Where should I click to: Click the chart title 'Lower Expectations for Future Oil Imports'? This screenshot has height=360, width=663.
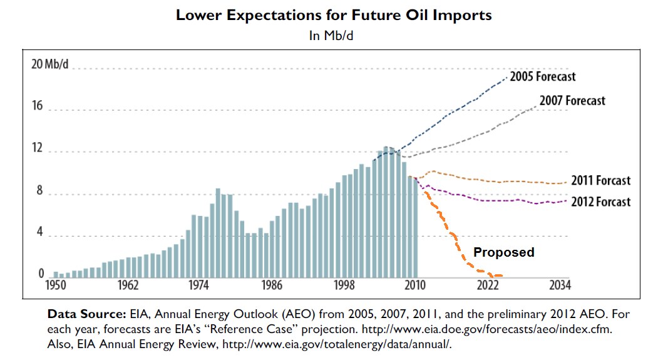(333, 15)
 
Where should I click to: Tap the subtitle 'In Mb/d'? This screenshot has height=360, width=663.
(332, 36)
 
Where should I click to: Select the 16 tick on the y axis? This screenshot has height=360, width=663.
(38, 106)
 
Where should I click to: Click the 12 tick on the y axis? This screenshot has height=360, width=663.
(38, 148)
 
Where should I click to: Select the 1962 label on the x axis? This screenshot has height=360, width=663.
(126, 285)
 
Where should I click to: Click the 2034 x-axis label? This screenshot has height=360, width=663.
(559, 285)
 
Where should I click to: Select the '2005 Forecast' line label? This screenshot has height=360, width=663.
(542, 77)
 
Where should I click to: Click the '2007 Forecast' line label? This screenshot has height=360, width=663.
(572, 100)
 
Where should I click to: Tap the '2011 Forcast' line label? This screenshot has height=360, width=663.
(600, 181)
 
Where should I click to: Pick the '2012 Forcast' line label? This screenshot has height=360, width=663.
(600, 202)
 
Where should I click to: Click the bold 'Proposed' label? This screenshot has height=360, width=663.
(503, 252)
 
